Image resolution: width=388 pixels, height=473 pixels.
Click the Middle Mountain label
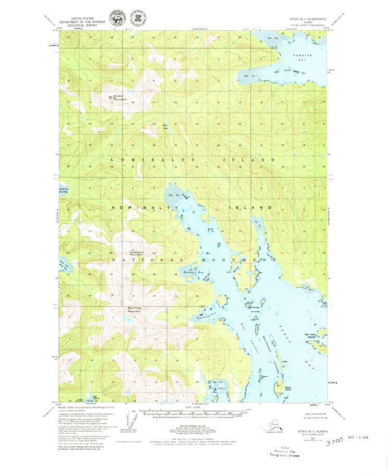tap(120, 98)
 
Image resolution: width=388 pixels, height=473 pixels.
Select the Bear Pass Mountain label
tap(138, 310)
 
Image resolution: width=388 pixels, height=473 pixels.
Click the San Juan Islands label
tap(311, 336)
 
